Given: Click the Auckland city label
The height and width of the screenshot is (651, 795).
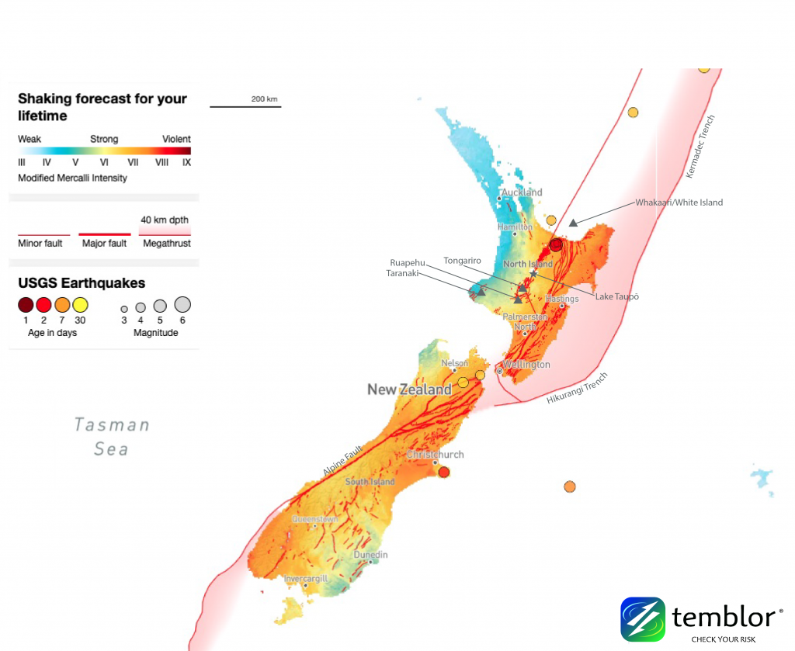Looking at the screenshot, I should (x=522, y=192).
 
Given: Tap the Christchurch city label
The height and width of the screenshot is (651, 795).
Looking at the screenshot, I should (x=436, y=454).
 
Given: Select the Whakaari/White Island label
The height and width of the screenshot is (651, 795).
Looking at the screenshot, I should (x=679, y=203).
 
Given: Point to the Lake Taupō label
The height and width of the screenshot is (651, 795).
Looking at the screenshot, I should (x=616, y=296).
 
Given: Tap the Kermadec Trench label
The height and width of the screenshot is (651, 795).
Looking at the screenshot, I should (x=700, y=147).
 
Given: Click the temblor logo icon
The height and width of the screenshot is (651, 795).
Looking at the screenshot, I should (x=643, y=618).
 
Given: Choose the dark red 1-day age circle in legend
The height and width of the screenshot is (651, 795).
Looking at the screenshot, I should (x=26, y=305).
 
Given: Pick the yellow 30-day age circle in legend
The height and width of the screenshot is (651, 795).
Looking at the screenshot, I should (x=80, y=305).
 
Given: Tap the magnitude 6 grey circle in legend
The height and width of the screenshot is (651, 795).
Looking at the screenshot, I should (x=182, y=304).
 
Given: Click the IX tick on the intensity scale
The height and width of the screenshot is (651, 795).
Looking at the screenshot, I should (x=186, y=163).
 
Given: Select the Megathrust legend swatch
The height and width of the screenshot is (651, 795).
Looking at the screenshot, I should (x=165, y=230).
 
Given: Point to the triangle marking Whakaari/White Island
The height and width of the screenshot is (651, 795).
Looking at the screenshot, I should (x=573, y=223).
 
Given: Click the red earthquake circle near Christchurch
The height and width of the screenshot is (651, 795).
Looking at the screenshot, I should (x=444, y=472).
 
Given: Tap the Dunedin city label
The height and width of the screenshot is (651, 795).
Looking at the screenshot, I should (x=370, y=555).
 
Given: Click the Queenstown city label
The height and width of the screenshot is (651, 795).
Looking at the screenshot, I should (x=314, y=518).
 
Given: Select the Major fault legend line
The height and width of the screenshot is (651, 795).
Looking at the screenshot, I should (x=104, y=234).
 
